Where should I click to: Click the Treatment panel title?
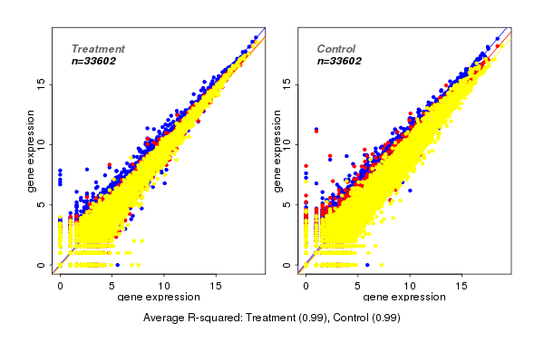98,48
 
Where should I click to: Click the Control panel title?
336,48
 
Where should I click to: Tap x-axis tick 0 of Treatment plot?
60,284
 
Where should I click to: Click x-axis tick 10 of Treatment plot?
164,284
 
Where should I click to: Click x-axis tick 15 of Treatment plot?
217,284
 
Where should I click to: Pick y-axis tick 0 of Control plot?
286,265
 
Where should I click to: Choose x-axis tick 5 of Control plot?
357,284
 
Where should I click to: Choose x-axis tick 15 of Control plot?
461,284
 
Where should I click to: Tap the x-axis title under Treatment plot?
160,298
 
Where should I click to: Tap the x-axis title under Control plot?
404,298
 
